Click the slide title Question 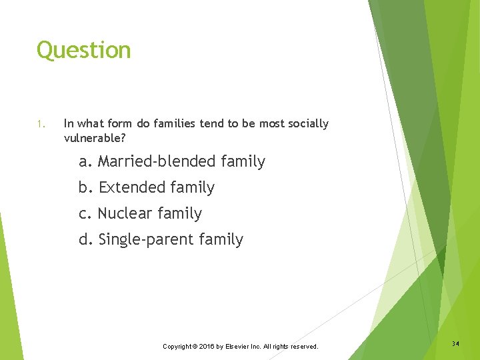(83, 51)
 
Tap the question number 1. (40, 124)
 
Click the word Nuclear (125, 214)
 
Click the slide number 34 (455, 344)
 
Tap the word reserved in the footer (303, 347)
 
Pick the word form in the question (123, 124)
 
